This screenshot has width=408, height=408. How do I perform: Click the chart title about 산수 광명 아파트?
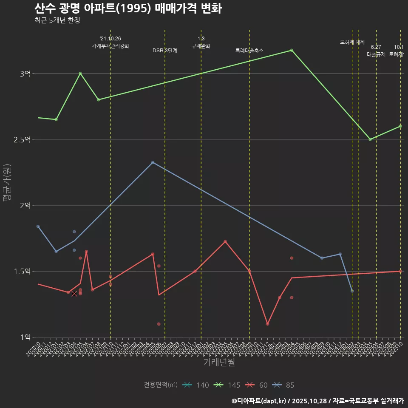tap(127, 8)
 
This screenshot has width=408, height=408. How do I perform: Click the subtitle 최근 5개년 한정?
tap(57, 20)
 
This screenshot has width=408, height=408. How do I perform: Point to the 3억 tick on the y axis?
tap(25, 74)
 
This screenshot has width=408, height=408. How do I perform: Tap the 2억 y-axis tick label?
tap(25, 205)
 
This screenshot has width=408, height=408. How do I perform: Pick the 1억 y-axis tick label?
tap(25, 337)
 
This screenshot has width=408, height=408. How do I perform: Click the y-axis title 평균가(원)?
tap(7, 183)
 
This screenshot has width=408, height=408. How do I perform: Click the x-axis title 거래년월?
tap(219, 363)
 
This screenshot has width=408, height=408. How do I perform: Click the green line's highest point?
tap(292, 50)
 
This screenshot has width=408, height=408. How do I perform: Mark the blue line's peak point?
tap(153, 162)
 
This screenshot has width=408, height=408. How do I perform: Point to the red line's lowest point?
tap(267, 324)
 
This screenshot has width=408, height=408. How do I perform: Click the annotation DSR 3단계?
tap(165, 51)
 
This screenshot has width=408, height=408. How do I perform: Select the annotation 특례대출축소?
tap(249, 51)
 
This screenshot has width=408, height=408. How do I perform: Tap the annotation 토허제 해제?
tap(352, 42)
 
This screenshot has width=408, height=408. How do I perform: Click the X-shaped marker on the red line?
tap(74, 293)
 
